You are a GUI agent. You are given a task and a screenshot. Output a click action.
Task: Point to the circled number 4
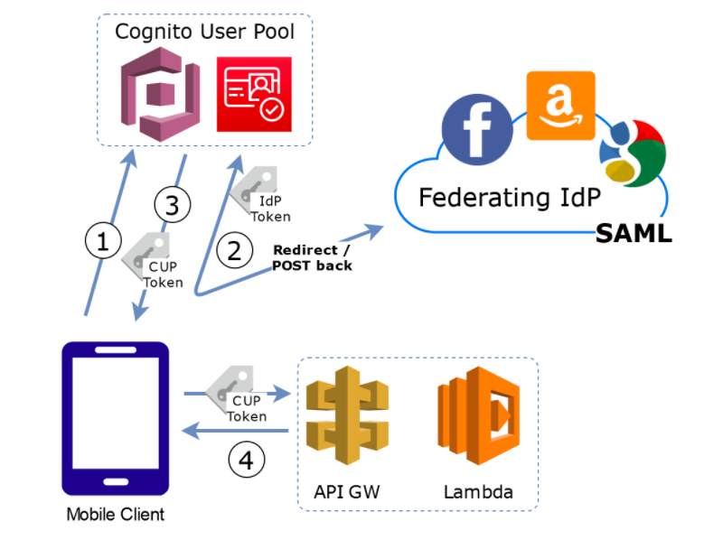click(247, 461)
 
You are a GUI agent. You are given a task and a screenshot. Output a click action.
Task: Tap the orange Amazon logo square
click(560, 106)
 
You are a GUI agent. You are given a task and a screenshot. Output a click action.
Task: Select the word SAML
click(633, 234)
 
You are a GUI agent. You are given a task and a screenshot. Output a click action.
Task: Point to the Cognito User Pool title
click(204, 32)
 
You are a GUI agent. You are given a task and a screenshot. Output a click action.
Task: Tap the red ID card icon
click(255, 93)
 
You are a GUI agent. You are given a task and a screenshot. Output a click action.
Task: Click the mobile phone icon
click(115, 418)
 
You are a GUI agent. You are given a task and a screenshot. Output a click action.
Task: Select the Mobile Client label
click(115, 515)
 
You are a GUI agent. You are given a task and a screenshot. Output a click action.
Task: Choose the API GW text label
click(346, 492)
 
